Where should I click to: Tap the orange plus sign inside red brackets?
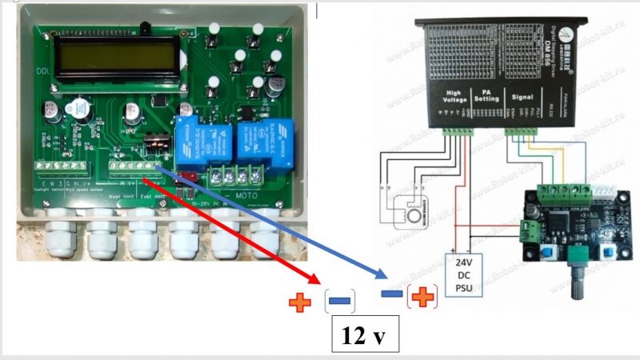[x=422, y=298]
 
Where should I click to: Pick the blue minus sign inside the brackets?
[x=338, y=302]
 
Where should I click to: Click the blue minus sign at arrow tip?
[x=391, y=294]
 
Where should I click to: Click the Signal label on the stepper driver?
[x=522, y=96]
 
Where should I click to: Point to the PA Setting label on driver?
[x=486, y=97]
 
